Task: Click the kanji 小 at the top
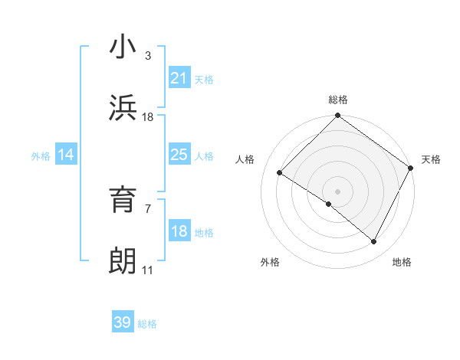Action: pyautogui.click(x=123, y=47)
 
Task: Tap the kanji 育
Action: pyautogui.click(x=123, y=201)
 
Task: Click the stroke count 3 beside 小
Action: pyautogui.click(x=147, y=56)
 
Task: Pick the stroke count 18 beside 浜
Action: pyautogui.click(x=148, y=117)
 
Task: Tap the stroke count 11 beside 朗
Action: pyautogui.click(x=148, y=270)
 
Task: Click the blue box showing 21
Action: pyautogui.click(x=179, y=78)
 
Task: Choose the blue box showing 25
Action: pyautogui.click(x=179, y=155)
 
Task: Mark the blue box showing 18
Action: pyautogui.click(x=179, y=231)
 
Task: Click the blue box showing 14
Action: pyautogui.click(x=66, y=155)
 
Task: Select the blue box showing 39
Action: pyautogui.click(x=123, y=322)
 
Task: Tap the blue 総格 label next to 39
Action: pyautogui.click(x=147, y=324)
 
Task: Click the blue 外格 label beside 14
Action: pyautogui.click(x=41, y=156)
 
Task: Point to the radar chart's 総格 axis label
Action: pyautogui.click(x=337, y=100)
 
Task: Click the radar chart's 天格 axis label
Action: pyautogui.click(x=431, y=159)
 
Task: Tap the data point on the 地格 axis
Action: pyautogui.click(x=373, y=242)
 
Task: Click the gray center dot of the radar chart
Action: pyautogui.click(x=337, y=191)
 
